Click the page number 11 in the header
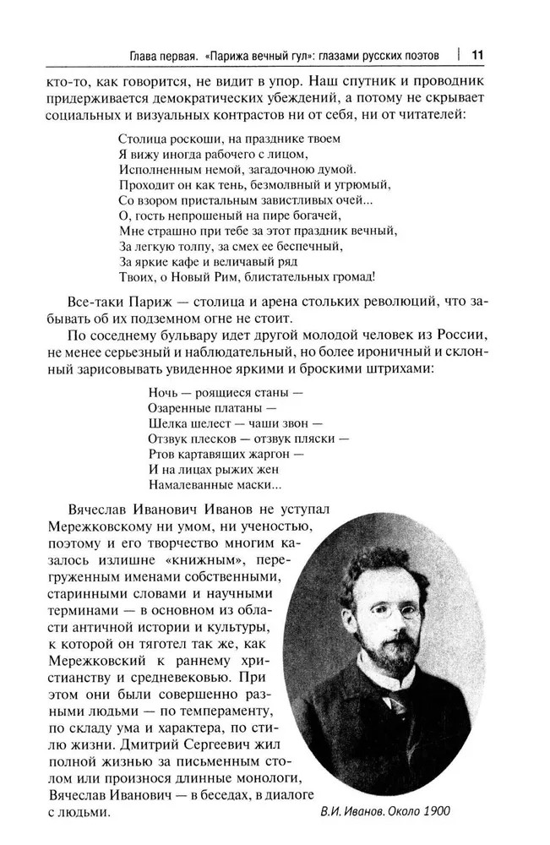(476, 56)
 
